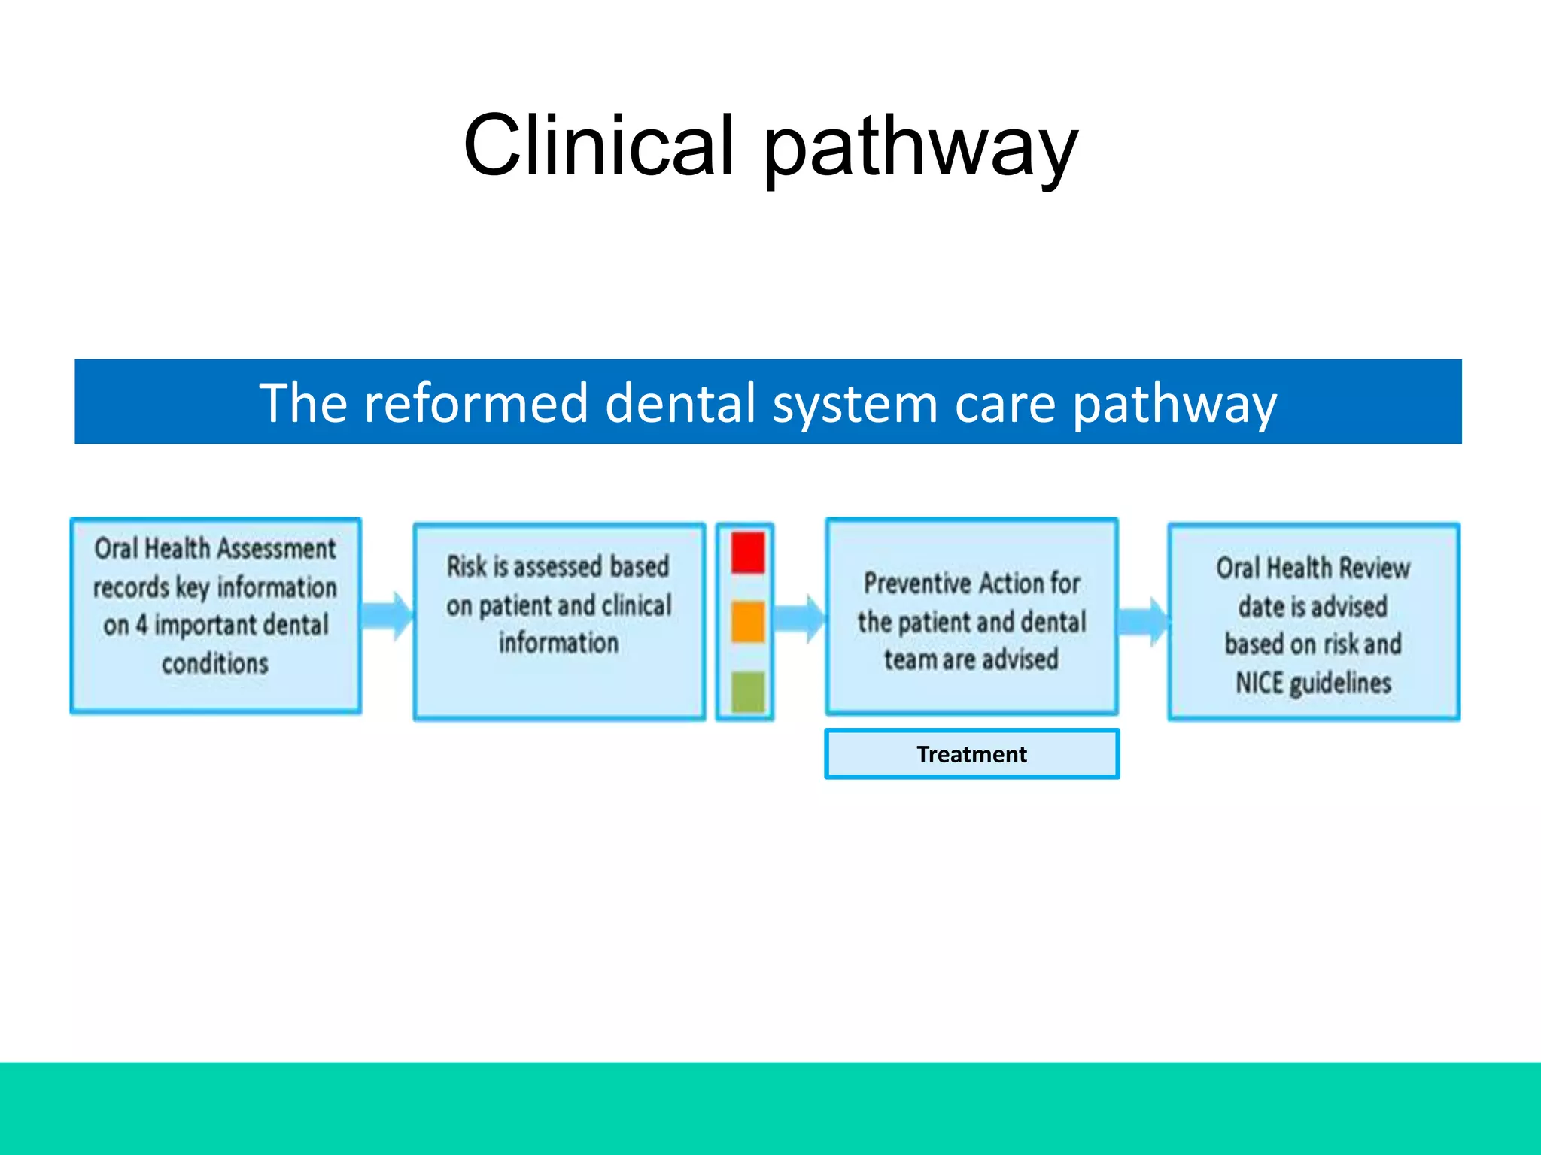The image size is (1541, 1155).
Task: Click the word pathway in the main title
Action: point(921,148)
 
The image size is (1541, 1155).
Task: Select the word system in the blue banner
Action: point(855,405)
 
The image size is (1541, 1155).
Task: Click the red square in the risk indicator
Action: point(747,553)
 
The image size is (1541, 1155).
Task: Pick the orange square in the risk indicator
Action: point(747,621)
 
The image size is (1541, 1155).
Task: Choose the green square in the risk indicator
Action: point(747,690)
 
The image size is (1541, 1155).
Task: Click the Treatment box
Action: point(971,753)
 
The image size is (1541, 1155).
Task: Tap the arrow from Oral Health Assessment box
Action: point(388,616)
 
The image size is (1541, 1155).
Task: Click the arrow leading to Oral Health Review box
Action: point(1143,621)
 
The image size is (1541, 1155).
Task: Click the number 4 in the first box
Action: point(141,625)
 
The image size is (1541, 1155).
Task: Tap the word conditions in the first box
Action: point(215,664)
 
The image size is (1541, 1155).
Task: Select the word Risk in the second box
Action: point(467,566)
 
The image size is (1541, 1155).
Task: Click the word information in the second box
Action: point(558,644)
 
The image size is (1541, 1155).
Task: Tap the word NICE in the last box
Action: point(1259,683)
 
